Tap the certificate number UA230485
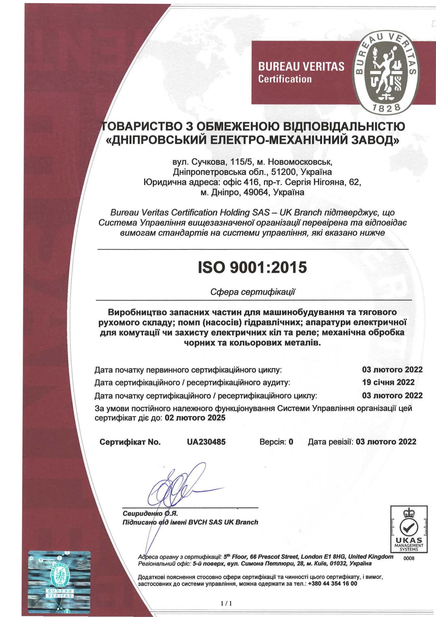coord(206,442)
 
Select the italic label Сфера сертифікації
coord(253,292)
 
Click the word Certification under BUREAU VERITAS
coord(285,79)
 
